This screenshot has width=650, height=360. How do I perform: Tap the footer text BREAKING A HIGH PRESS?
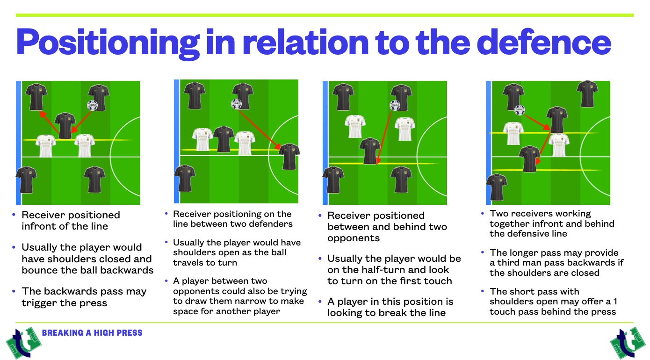pos(92,333)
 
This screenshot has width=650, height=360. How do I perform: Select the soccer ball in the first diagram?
pos(93,105)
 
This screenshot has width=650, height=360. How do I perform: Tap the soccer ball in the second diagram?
pos(236,104)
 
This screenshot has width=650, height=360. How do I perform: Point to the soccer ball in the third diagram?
pos(395,106)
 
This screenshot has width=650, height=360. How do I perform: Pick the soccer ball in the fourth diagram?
pos(520,110)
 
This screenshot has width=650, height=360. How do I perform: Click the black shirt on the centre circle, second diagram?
pos(289,156)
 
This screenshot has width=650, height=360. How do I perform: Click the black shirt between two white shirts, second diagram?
pos(224,139)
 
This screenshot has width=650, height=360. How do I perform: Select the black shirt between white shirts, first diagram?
pos(65,125)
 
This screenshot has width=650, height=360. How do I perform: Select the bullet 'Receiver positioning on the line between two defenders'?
pos(232,219)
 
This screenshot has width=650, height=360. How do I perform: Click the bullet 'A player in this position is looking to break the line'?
pos(390,307)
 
